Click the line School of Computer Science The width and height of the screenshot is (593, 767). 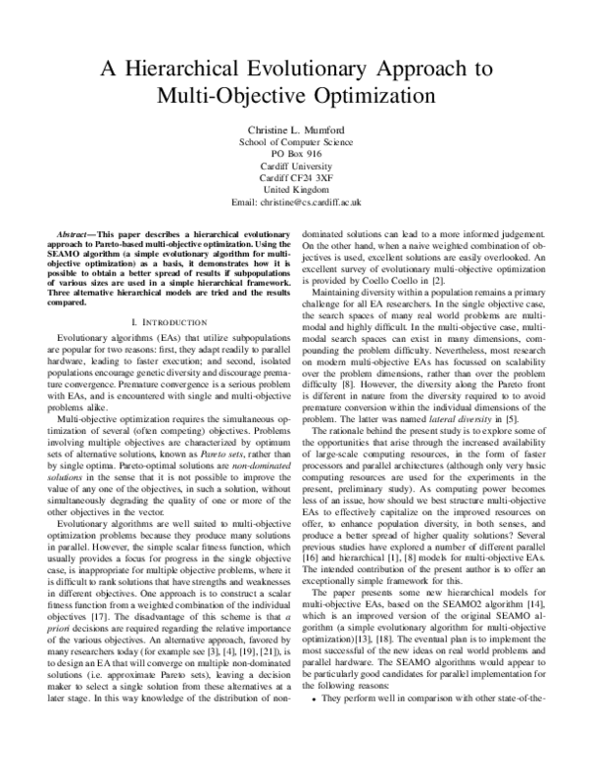296,141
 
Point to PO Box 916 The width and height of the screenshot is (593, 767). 296,154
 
